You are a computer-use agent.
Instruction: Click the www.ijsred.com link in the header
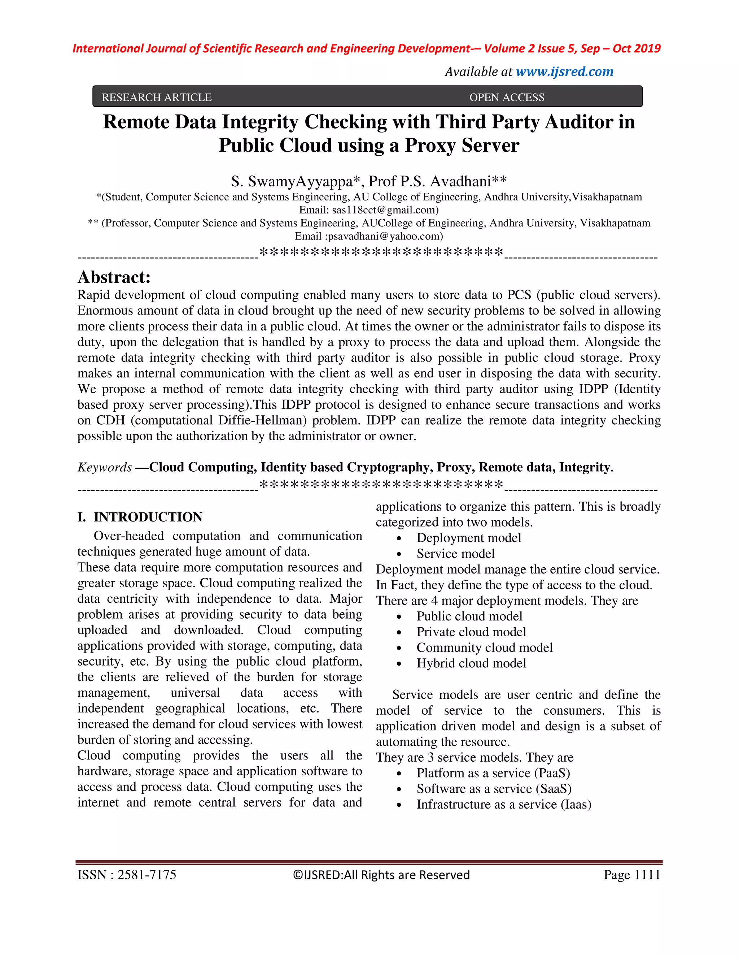pos(564,72)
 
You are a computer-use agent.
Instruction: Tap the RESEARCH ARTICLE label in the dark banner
pos(157,97)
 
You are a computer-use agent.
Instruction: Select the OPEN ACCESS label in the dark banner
pos(507,97)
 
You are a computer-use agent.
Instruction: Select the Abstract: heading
pos(114,277)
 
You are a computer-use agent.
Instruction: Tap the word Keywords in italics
pos(105,467)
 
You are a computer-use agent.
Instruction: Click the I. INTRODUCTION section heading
pos(140,517)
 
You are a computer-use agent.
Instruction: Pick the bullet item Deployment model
pos(468,538)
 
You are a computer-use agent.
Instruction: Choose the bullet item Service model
pos(455,553)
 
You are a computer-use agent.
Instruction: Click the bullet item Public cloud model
pos(469,616)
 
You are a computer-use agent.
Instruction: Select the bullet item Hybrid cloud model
pos(471,663)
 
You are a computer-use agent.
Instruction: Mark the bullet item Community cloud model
pos(484,647)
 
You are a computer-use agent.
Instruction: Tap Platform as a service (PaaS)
pos(493,772)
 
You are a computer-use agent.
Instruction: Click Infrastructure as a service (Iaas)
pos(503,804)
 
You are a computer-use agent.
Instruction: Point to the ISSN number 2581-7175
pos(147,875)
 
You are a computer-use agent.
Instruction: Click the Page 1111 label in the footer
pos(631,875)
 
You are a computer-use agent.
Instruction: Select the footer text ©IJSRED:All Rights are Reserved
pos(381,875)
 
